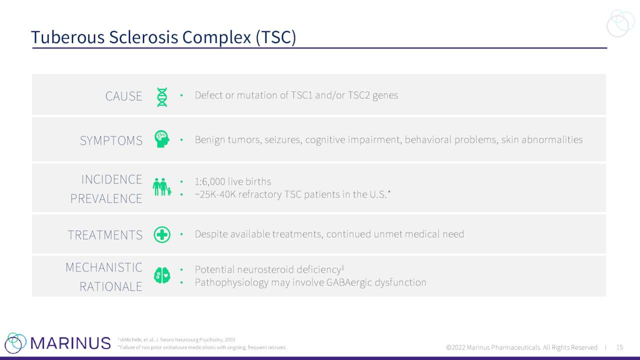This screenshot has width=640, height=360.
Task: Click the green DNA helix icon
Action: [162, 97]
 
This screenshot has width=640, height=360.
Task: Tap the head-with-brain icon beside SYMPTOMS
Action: [162, 139]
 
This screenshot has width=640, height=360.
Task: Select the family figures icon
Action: [162, 187]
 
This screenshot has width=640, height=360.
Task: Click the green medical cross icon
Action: [162, 234]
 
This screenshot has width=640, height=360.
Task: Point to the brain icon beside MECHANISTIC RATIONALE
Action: [162, 275]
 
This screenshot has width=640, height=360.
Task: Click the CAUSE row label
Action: [123, 96]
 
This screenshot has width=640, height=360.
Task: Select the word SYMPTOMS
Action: [111, 140]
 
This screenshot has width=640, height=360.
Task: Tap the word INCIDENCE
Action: [111, 179]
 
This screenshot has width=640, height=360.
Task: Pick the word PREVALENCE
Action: [106, 198]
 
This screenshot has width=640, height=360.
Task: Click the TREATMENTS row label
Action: [105, 235]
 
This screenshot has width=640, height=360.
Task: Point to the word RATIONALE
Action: [111, 286]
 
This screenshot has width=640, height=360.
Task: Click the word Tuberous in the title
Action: [68, 37]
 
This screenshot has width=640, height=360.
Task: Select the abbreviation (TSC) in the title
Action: [276, 37]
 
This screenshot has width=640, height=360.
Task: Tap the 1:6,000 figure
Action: [210, 181]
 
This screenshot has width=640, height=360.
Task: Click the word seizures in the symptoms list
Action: [283, 139]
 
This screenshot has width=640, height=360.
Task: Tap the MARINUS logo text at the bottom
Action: [70, 343]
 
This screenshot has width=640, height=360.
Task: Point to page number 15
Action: [619, 347]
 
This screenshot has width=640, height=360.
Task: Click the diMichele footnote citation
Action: [176, 339]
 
